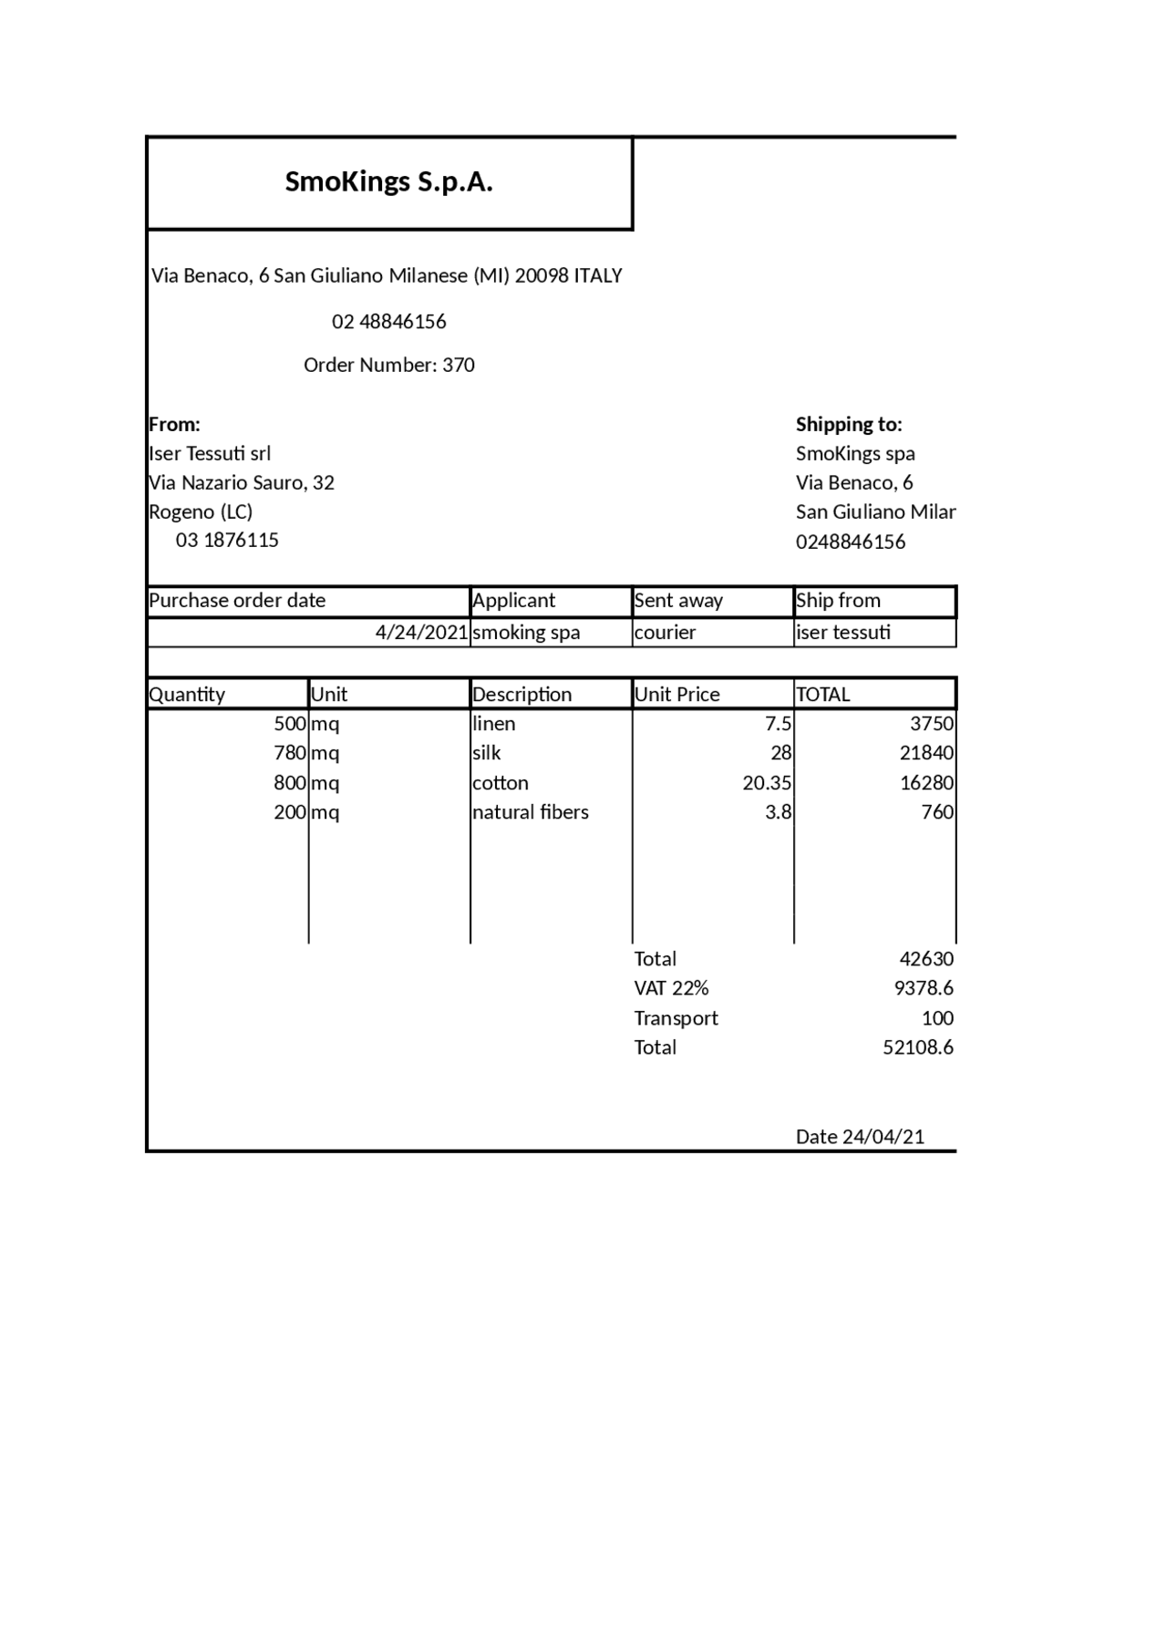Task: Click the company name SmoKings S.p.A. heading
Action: click(x=388, y=182)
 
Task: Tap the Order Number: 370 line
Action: click(x=388, y=366)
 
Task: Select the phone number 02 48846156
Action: click(x=388, y=322)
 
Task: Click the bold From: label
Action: click(x=174, y=424)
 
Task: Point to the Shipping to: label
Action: click(x=848, y=424)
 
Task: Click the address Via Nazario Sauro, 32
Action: click(x=242, y=482)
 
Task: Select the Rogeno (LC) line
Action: click(x=201, y=511)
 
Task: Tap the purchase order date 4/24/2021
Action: click(x=421, y=633)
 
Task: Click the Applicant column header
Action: click(x=513, y=601)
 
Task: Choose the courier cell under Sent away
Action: click(x=665, y=633)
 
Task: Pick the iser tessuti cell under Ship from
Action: click(x=842, y=633)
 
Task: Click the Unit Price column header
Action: click(x=676, y=695)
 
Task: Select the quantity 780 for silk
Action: click(x=289, y=753)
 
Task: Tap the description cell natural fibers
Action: click(x=530, y=812)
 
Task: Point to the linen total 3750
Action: click(x=931, y=724)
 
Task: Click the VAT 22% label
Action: click(x=671, y=988)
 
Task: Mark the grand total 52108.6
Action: click(x=917, y=1047)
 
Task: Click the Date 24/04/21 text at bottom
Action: click(x=860, y=1137)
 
